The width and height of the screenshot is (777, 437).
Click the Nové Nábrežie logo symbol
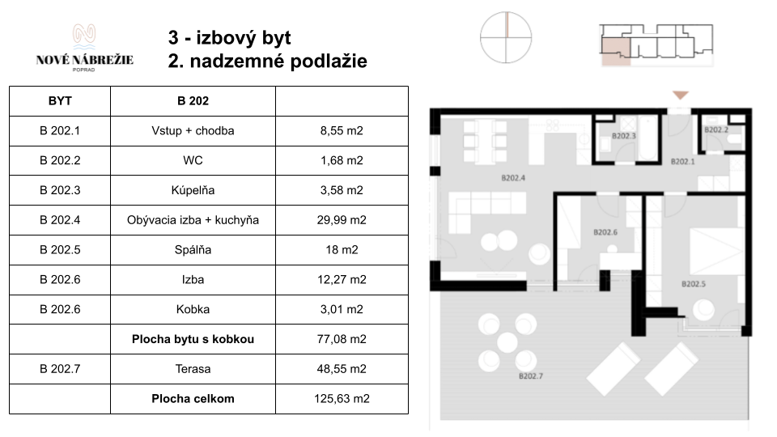(x=84, y=36)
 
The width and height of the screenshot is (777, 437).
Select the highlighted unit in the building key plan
(x=615, y=52)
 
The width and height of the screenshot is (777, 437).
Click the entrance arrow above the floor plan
(x=681, y=95)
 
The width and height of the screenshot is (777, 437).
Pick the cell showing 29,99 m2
(x=342, y=220)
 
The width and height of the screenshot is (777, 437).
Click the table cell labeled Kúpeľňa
(x=193, y=190)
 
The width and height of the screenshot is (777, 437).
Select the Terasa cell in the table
(x=193, y=369)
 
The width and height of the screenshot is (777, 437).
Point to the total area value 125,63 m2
(x=342, y=399)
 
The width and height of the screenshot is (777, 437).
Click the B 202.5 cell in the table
(x=60, y=250)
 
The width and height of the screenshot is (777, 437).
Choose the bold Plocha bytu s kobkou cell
(x=193, y=339)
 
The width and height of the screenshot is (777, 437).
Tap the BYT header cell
(x=60, y=101)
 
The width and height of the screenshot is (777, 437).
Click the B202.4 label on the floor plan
(x=513, y=178)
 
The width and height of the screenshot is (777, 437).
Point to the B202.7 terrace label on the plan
(x=531, y=376)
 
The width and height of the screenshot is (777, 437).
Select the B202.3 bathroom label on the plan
(x=624, y=136)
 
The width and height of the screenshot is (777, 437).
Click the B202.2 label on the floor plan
(x=716, y=129)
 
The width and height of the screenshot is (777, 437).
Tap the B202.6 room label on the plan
(x=605, y=232)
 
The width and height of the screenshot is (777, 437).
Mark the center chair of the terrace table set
(x=507, y=342)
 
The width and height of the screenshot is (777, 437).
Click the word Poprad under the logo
(x=83, y=70)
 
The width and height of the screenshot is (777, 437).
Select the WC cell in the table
(x=193, y=160)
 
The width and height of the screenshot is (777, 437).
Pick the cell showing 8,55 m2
(x=342, y=131)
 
